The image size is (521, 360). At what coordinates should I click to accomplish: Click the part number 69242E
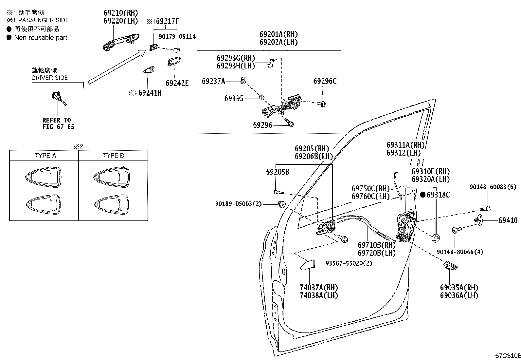coord(177,83)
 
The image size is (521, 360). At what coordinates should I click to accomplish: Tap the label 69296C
coord(325,81)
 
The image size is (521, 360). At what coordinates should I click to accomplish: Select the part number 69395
coord(234,99)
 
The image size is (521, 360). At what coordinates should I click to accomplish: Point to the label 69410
coord(508,220)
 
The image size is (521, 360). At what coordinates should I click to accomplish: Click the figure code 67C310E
coord(508,355)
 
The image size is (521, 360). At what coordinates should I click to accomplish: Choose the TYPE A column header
coord(45,156)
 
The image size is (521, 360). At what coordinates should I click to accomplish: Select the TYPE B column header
coord(114,155)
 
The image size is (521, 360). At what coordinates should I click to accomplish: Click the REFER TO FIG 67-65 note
coord(58,123)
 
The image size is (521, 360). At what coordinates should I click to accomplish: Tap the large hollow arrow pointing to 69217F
coord(117,66)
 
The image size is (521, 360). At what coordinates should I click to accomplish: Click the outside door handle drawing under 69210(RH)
coord(121,42)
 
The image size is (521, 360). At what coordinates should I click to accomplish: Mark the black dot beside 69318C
coord(423,195)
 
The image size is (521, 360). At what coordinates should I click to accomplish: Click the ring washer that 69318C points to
coord(436,238)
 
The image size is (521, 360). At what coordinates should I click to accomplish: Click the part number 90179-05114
coord(177,37)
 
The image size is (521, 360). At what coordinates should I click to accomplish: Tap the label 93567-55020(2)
coord(349,263)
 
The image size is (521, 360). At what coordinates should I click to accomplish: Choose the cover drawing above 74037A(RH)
coord(308,265)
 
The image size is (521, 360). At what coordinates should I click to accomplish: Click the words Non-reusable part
coord(41,37)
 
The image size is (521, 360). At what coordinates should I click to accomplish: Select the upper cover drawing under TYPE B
coord(112,177)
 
